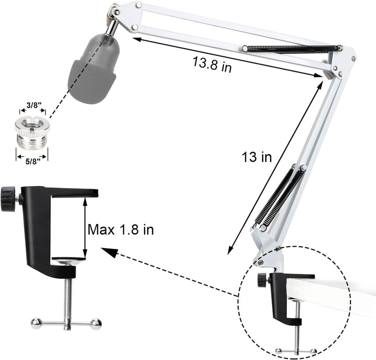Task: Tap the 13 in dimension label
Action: [256, 157]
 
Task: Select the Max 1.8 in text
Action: [121, 229]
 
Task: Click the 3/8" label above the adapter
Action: [32, 104]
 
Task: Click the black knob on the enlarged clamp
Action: [8, 198]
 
